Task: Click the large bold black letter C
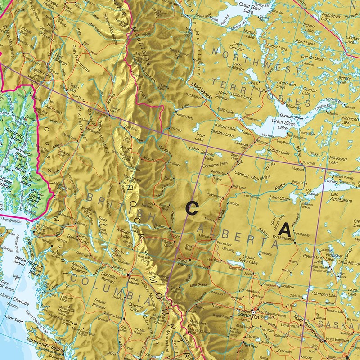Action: [x=192, y=208]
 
